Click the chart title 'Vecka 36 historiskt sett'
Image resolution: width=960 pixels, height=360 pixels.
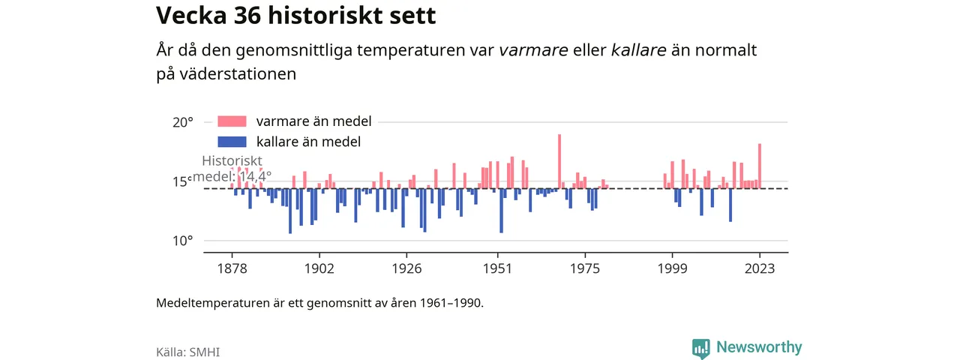click(295, 16)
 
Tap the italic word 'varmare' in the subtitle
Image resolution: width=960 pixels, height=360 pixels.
click(533, 50)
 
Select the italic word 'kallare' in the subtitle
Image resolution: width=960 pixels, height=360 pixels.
click(638, 50)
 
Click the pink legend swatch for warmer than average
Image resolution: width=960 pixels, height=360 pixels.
click(232, 121)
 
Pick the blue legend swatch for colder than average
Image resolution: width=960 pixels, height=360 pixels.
click(232, 142)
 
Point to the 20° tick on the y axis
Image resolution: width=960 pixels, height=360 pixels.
click(183, 122)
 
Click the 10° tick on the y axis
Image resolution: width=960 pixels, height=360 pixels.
click(183, 241)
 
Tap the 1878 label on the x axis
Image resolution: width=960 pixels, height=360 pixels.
click(232, 268)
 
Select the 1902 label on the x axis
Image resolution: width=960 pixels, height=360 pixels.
click(319, 268)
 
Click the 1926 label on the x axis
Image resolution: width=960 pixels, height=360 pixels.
click(406, 268)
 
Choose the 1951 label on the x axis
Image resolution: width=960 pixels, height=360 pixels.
click(497, 268)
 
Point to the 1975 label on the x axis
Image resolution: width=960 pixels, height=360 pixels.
click(585, 268)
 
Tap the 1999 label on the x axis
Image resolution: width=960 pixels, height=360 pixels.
click(673, 268)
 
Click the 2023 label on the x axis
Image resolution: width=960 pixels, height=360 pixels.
click(760, 268)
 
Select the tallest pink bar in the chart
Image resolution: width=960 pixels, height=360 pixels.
click(559, 161)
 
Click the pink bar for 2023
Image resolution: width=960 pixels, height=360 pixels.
click(760, 166)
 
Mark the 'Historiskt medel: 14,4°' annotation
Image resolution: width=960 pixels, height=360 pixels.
click(232, 169)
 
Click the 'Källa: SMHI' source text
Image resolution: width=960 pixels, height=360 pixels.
click(187, 352)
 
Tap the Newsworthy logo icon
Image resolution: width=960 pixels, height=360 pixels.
click(700, 349)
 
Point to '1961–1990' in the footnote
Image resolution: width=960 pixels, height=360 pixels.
click(451, 303)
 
